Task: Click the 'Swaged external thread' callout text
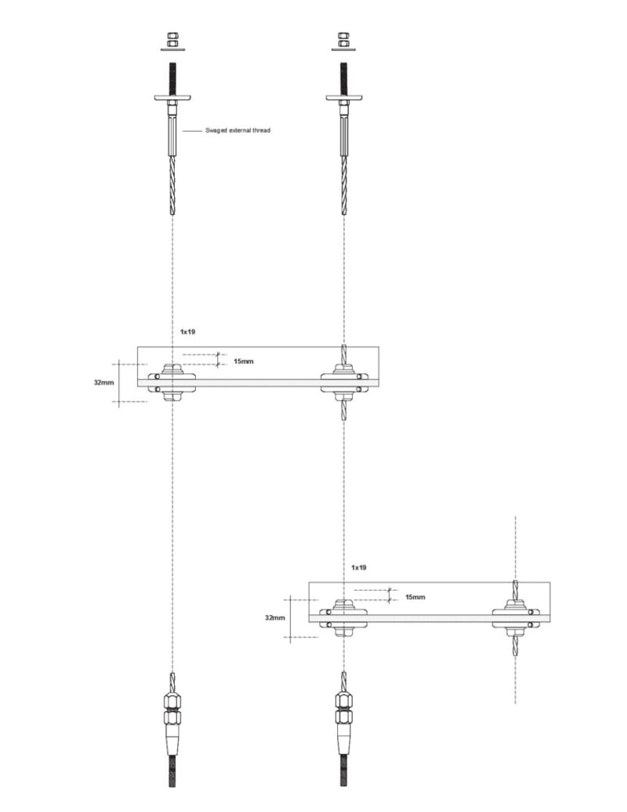tap(237, 130)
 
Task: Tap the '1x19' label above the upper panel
tap(187, 331)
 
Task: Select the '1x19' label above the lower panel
tap(358, 567)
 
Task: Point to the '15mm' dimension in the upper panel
tap(244, 361)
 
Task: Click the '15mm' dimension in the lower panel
tap(415, 597)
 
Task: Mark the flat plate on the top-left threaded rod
tap(172, 97)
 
